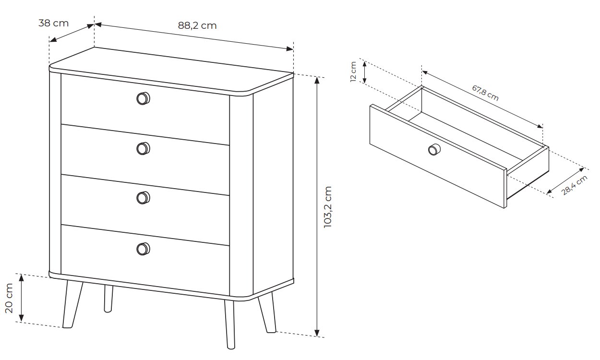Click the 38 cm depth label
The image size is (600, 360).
[x=54, y=23]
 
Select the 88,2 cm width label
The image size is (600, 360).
[x=197, y=25]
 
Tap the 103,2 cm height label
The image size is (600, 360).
[x=327, y=207]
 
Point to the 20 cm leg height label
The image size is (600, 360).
[x=9, y=298]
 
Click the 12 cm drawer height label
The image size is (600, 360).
[x=353, y=72]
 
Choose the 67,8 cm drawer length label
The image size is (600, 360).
[x=485, y=93]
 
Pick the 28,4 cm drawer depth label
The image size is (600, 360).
[x=574, y=185]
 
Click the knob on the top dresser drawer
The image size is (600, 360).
[x=144, y=98]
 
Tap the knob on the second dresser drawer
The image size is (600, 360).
[x=144, y=148]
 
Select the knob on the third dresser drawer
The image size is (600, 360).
[x=144, y=198]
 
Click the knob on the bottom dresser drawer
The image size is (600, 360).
[x=144, y=249]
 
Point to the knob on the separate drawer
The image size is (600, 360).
[x=434, y=149]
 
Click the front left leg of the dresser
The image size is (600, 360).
[x=72, y=304]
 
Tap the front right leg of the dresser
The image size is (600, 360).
[x=229, y=324]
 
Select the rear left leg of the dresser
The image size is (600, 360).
[x=108, y=299]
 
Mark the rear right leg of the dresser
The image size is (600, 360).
[x=267, y=312]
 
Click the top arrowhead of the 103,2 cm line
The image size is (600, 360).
[x=317, y=81]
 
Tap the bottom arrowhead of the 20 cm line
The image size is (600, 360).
[x=22, y=318]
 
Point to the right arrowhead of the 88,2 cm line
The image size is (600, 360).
[x=290, y=49]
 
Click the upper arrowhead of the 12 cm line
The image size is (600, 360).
[x=364, y=65]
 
